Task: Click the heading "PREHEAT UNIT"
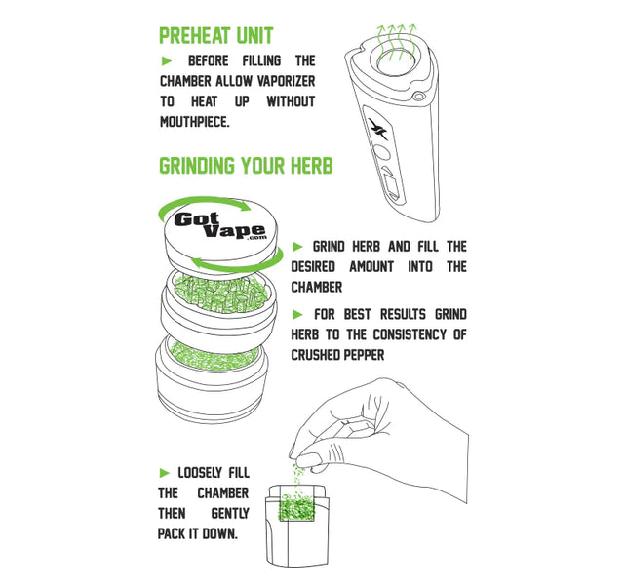coord(216,36)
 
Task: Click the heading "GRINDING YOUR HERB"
coord(246,166)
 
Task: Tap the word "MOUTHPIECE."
coord(195,122)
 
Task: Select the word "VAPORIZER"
coord(286,81)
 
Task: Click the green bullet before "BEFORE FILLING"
coord(167,60)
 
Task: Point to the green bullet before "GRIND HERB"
coord(297,247)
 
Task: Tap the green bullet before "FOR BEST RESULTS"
coord(297,315)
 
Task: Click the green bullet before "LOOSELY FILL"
coord(165,473)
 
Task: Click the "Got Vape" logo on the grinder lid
coord(220,225)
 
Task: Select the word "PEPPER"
coord(364,355)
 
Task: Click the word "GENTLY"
coord(230,514)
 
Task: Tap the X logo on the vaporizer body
coord(378,129)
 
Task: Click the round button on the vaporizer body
coord(382,153)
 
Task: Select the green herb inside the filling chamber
coord(297,506)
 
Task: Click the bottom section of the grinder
coord(216,378)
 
